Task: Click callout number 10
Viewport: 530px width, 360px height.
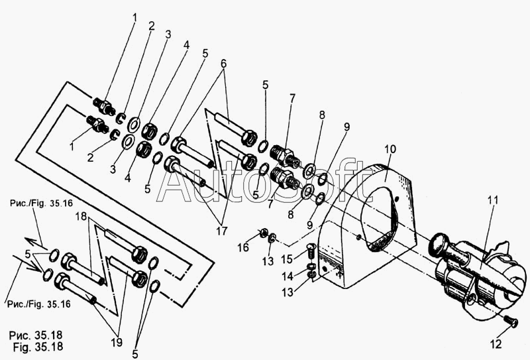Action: (390, 149)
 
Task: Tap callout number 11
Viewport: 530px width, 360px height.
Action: (493, 200)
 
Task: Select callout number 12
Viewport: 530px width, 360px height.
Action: (496, 345)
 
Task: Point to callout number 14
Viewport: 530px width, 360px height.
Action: (288, 276)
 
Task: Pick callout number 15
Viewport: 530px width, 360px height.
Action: (287, 259)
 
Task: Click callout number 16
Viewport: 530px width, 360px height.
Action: (243, 248)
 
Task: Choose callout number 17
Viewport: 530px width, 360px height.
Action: (222, 231)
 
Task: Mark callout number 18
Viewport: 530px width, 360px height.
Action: (81, 216)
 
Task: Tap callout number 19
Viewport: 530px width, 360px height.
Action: (117, 342)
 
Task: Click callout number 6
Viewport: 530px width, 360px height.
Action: (224, 64)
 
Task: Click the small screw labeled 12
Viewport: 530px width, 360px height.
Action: (510, 321)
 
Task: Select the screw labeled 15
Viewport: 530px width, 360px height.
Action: (312, 251)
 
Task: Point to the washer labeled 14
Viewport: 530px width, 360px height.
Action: (311, 267)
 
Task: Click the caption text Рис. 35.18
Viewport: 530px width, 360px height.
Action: (36, 335)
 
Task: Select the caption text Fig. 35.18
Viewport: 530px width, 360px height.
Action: (38, 347)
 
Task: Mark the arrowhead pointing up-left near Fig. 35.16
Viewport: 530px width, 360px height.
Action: (29, 241)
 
